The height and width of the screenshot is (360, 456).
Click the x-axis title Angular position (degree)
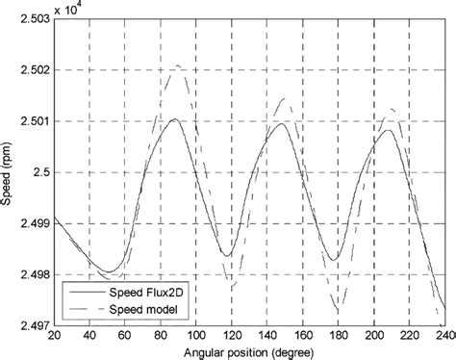click(x=249, y=351)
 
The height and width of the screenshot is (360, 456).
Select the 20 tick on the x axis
click(x=54, y=336)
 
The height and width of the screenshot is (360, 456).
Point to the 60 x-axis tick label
click(x=125, y=336)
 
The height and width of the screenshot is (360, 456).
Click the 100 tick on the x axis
click(x=196, y=336)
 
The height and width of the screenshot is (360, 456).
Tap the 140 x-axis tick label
click(x=267, y=336)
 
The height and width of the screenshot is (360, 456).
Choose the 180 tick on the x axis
click(x=339, y=336)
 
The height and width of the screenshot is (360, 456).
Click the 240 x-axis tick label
click(x=444, y=336)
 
